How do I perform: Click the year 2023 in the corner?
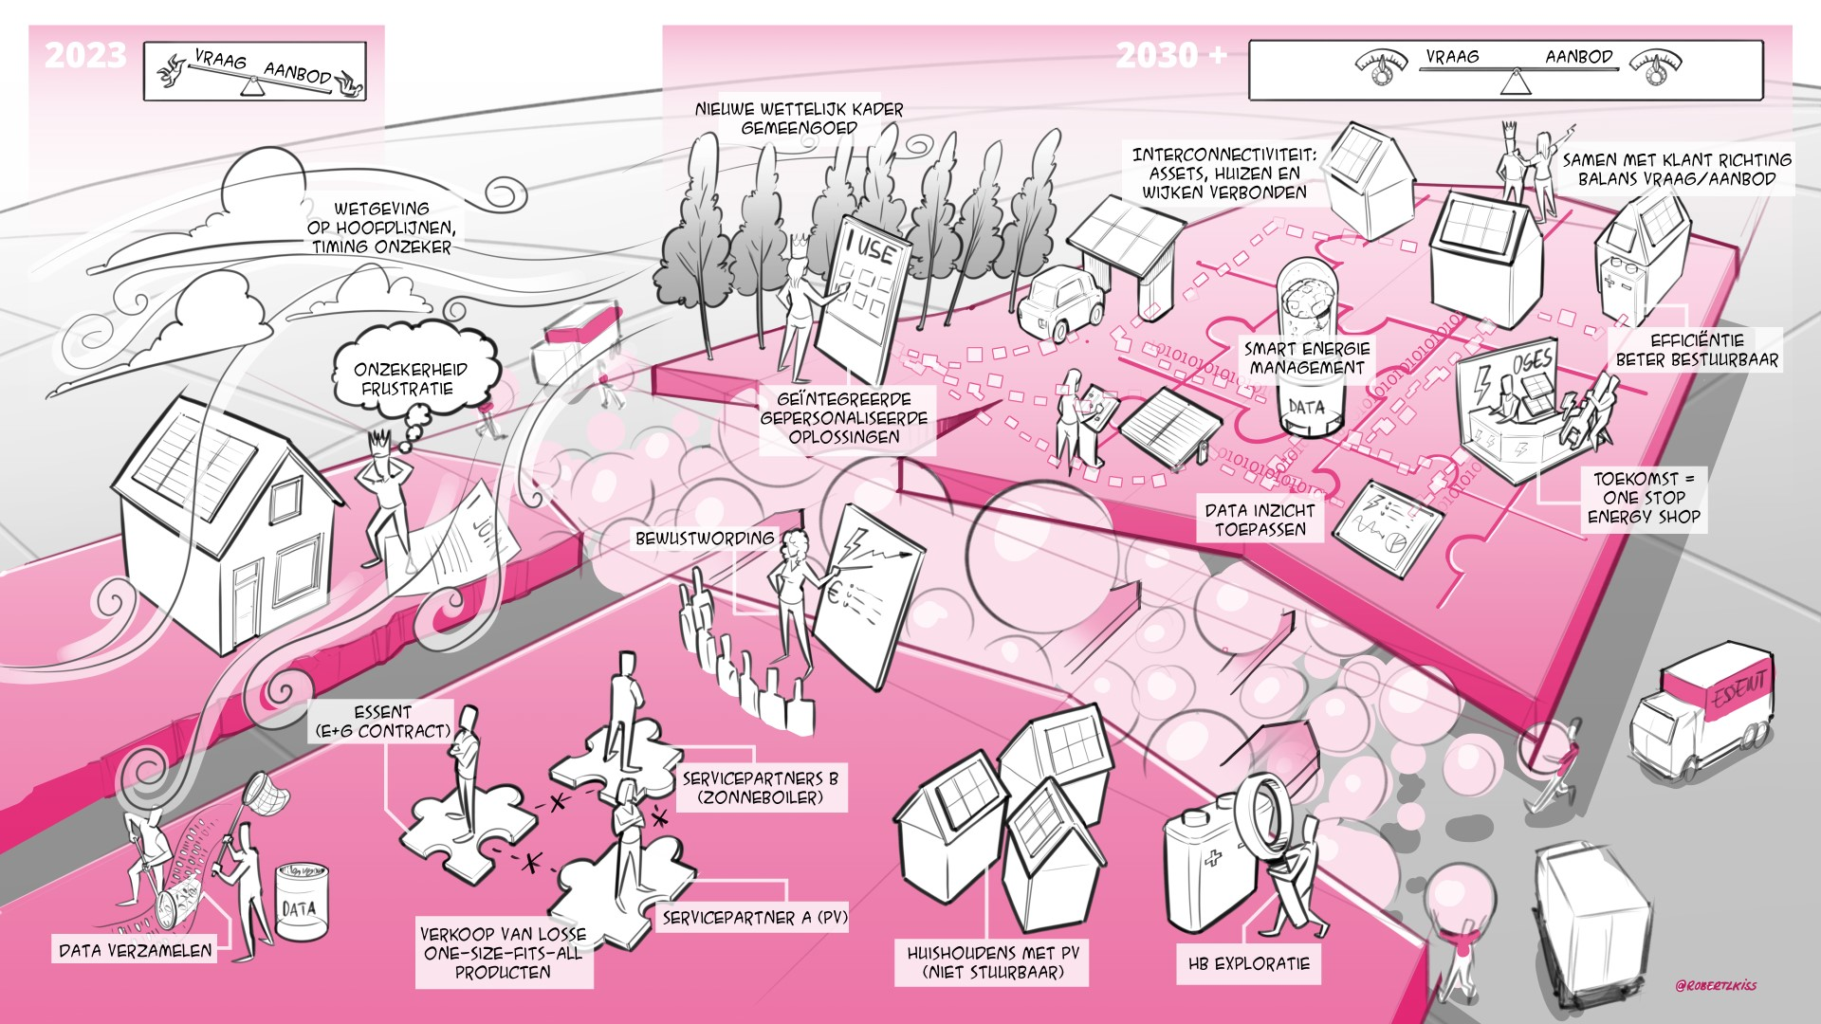[x=85, y=56]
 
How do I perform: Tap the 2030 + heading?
[x=1170, y=56]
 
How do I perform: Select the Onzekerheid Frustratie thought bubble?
[x=411, y=378]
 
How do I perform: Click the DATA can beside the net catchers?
[x=300, y=905]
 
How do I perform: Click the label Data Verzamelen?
[x=135, y=950]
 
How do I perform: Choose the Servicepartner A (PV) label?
[x=754, y=917]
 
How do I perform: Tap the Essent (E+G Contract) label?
[x=382, y=722]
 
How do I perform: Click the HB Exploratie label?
[x=1248, y=964]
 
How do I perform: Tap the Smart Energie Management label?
[x=1306, y=357]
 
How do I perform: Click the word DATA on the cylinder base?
[x=1306, y=409]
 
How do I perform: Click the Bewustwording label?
[x=704, y=539]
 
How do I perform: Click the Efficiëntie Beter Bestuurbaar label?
[x=1697, y=350]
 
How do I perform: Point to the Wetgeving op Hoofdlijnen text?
[x=380, y=228]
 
